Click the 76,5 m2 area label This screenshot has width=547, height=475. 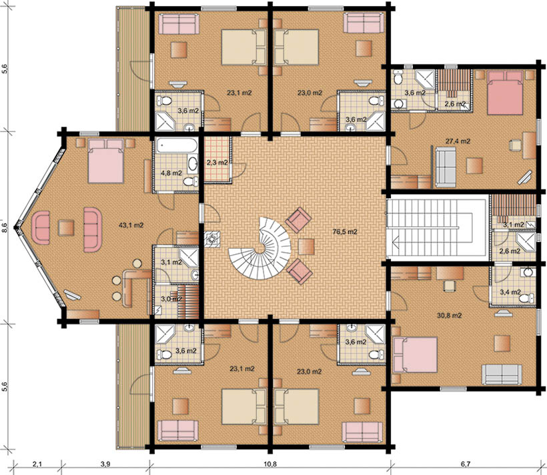345,231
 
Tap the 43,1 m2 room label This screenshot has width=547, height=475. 131,225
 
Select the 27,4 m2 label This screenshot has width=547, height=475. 458,141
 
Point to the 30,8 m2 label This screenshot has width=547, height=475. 450,316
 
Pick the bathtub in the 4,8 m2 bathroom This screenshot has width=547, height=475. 177,146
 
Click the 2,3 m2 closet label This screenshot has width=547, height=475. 217,163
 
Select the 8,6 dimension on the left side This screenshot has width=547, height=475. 4,227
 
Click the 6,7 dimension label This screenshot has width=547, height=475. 466,464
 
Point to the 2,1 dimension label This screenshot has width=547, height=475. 37,464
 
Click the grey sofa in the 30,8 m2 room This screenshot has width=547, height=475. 502,375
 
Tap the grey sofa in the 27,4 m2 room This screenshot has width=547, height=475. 445,167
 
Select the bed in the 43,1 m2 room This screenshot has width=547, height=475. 106,161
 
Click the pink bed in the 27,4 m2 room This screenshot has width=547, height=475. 506,93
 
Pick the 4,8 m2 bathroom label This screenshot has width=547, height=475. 171,173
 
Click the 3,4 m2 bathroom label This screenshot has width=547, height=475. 510,292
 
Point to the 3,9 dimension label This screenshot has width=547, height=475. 105,464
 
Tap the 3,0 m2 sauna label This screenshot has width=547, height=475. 171,299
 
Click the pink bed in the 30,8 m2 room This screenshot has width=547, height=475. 414,355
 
